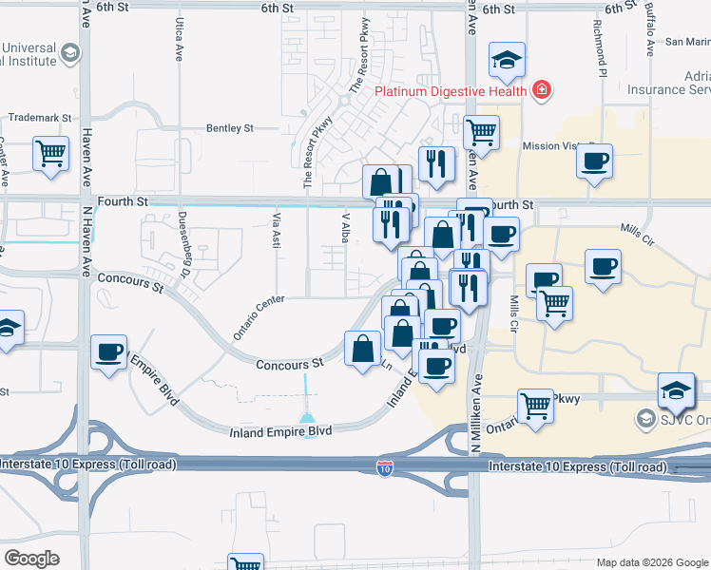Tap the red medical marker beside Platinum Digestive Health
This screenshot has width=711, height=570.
coord(541,90)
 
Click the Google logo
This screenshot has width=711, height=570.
coord(30,559)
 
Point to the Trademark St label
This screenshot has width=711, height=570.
coord(40,118)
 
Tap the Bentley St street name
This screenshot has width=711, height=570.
coord(231,127)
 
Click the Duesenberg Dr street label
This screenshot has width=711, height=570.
coord(184,232)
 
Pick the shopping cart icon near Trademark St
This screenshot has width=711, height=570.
coord(51,153)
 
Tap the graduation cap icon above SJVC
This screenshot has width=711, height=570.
coord(676,389)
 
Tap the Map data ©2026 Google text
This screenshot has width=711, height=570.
coord(651,562)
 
